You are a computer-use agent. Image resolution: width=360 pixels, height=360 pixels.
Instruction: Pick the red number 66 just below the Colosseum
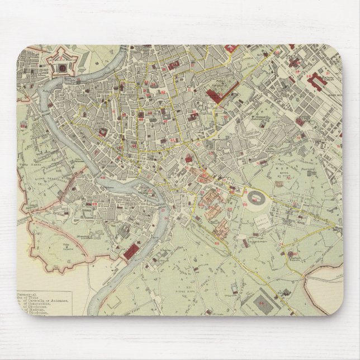coord(247,208)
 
